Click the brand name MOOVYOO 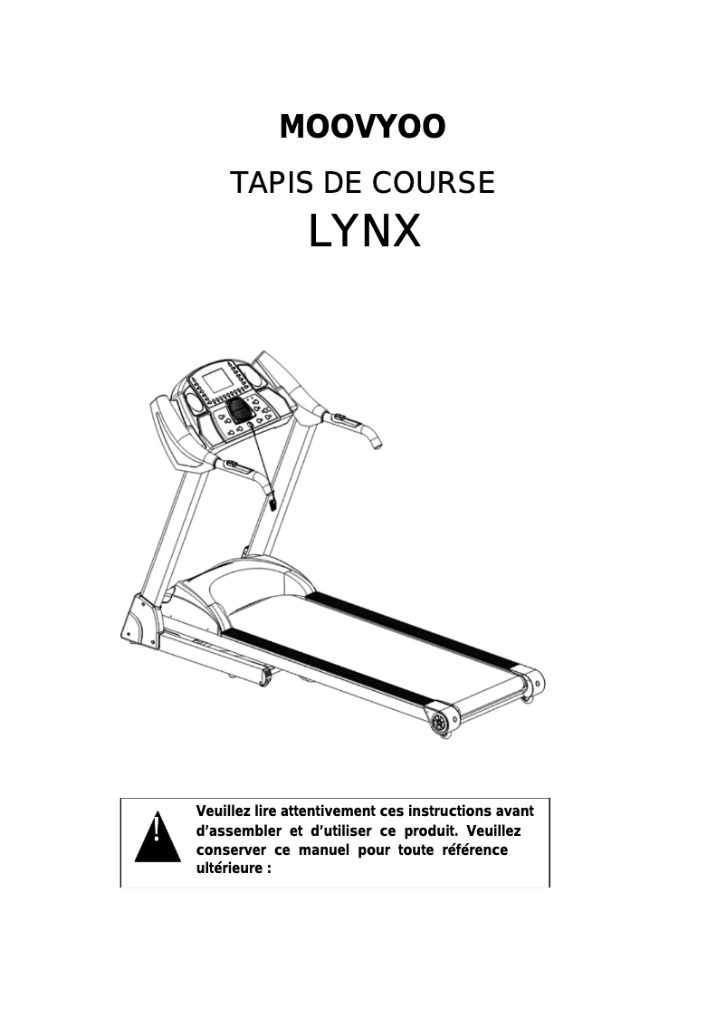(x=362, y=128)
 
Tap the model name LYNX (x=364, y=232)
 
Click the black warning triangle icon (x=158, y=838)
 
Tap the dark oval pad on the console (x=241, y=412)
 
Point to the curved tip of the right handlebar (x=376, y=441)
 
